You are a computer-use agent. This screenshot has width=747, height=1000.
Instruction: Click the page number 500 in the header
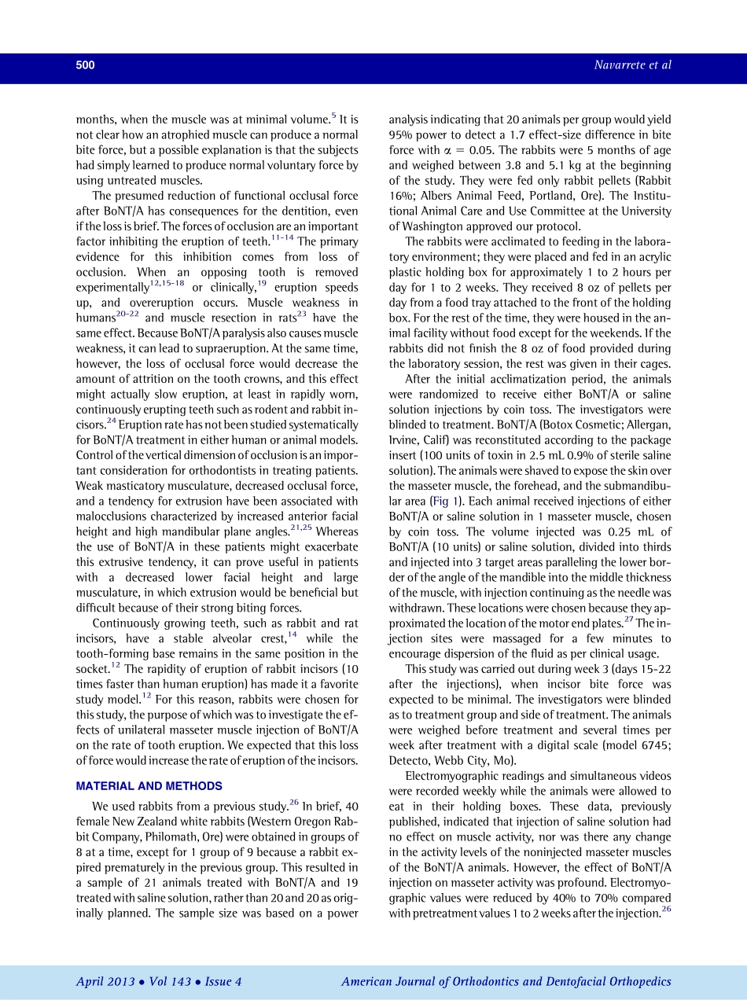(85, 65)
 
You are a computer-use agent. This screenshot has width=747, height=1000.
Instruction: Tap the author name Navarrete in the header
(622, 65)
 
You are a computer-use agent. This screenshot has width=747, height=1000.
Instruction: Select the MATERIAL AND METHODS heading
(149, 786)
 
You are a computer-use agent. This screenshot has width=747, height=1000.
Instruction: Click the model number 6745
(649, 745)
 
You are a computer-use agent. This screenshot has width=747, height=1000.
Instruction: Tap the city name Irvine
(406, 440)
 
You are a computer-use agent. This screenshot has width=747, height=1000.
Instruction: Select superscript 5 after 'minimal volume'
(333, 116)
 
